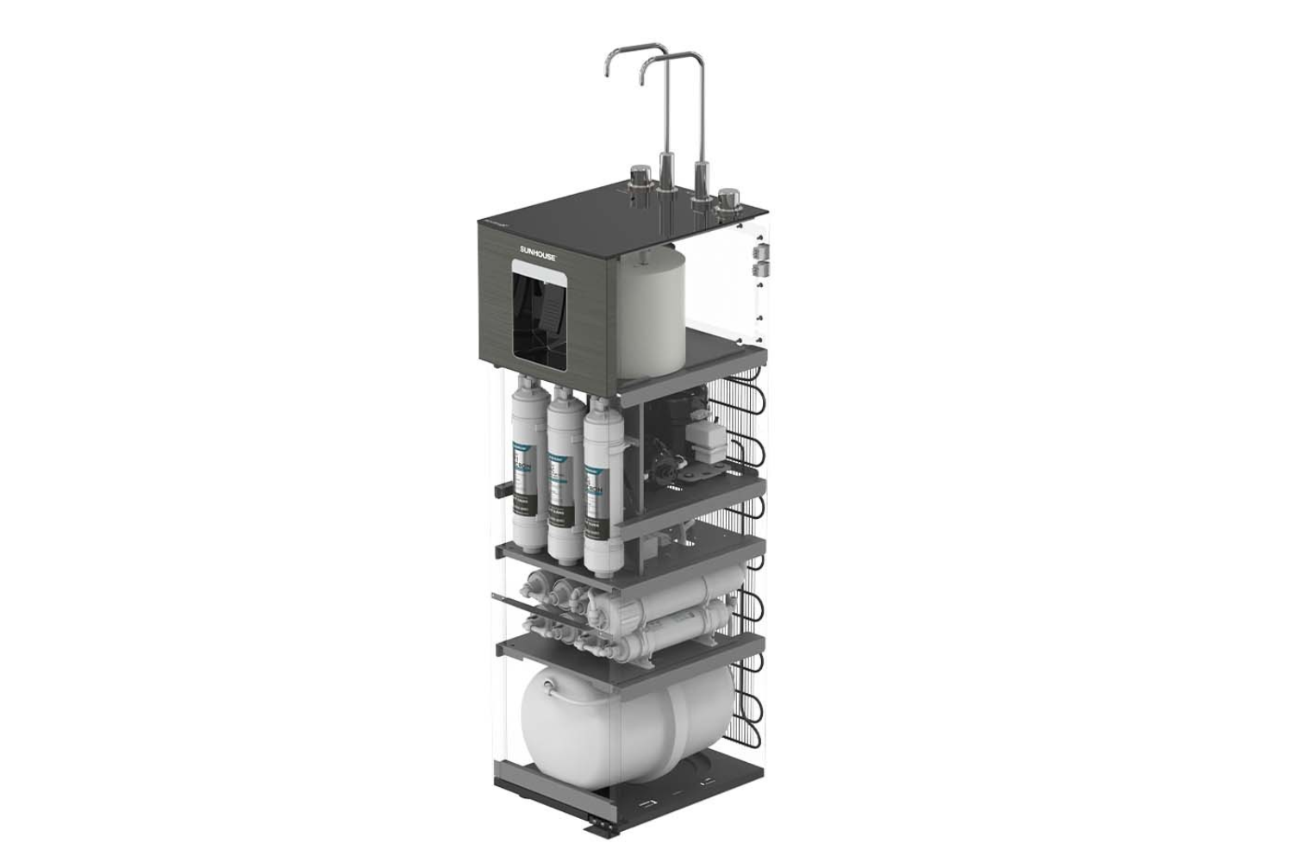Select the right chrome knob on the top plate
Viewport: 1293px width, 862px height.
click(729, 199)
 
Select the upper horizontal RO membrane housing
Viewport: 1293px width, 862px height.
click(664, 603)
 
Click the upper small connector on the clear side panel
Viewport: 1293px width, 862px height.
click(761, 250)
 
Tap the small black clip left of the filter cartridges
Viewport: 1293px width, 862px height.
click(499, 489)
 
